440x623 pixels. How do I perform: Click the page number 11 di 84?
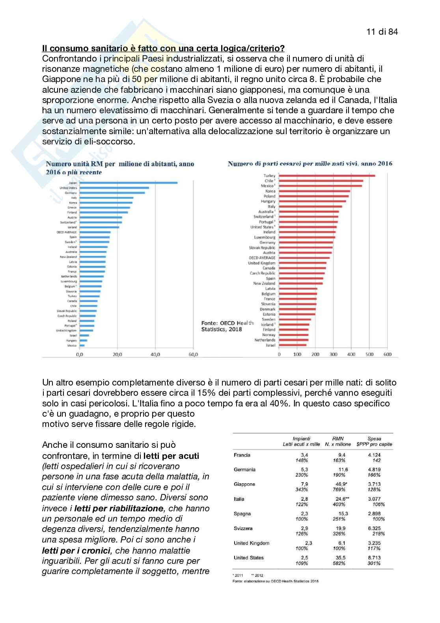coord(382,32)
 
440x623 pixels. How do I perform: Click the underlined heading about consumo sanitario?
coord(163,49)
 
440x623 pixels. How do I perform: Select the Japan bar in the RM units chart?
coord(128,183)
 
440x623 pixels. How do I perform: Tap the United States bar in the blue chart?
coord(114,188)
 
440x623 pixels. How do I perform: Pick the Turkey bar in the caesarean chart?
coord(327,176)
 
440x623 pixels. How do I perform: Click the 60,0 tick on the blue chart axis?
coord(193,355)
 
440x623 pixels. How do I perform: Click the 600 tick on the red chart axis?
coord(387,354)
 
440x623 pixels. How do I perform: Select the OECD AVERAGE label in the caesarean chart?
coord(262,258)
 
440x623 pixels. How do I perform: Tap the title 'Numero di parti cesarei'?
coord(310,164)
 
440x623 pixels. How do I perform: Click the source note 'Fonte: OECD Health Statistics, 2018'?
coord(227,326)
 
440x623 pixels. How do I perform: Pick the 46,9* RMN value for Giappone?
coord(341,484)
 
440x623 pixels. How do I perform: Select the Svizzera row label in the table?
coord(243,528)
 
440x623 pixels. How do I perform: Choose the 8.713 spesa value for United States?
coord(374,558)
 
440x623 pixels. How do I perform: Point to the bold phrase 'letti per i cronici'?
coord(76,550)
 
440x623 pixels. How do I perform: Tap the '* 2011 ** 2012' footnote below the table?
coord(248,575)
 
